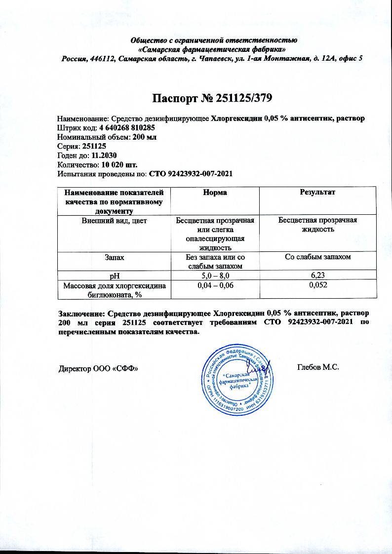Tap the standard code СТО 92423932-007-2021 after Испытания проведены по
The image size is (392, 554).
point(191,174)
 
